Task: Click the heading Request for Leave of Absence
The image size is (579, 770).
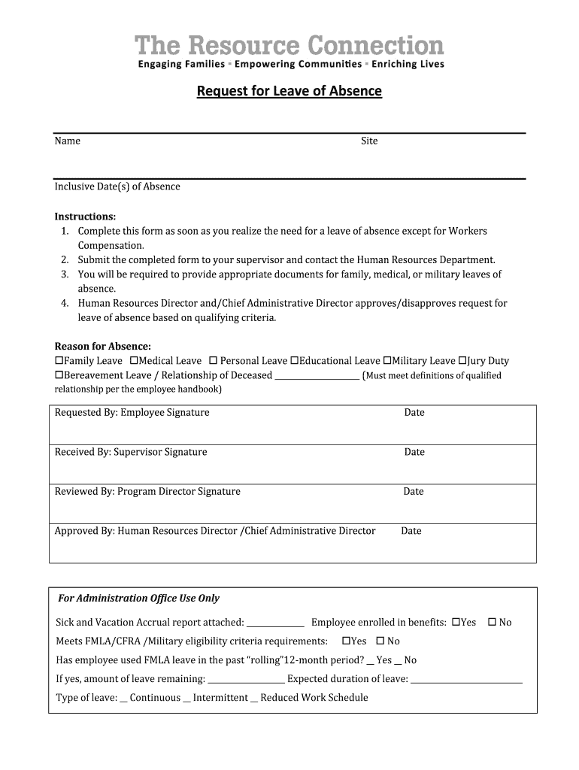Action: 289,92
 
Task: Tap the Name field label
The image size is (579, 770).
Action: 67,141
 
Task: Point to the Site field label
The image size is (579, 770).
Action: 369,141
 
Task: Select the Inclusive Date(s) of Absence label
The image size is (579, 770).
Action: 117,186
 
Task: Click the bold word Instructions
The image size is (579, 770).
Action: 85,217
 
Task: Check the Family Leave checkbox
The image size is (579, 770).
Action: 59,361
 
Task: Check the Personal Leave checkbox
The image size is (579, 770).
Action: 213,361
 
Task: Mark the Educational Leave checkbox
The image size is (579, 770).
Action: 295,361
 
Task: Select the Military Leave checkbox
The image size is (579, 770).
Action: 387,361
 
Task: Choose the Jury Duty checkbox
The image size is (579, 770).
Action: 462,361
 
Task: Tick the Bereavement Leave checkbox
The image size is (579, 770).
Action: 59,375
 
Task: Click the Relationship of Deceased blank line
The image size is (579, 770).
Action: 317,377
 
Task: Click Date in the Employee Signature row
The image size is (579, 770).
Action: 414,413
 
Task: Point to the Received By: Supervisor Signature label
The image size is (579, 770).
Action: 131,452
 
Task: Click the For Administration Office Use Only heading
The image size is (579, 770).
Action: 139,599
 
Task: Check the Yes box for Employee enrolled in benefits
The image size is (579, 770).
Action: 456,623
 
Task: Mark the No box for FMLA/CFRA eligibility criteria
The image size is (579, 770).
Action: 380,641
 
